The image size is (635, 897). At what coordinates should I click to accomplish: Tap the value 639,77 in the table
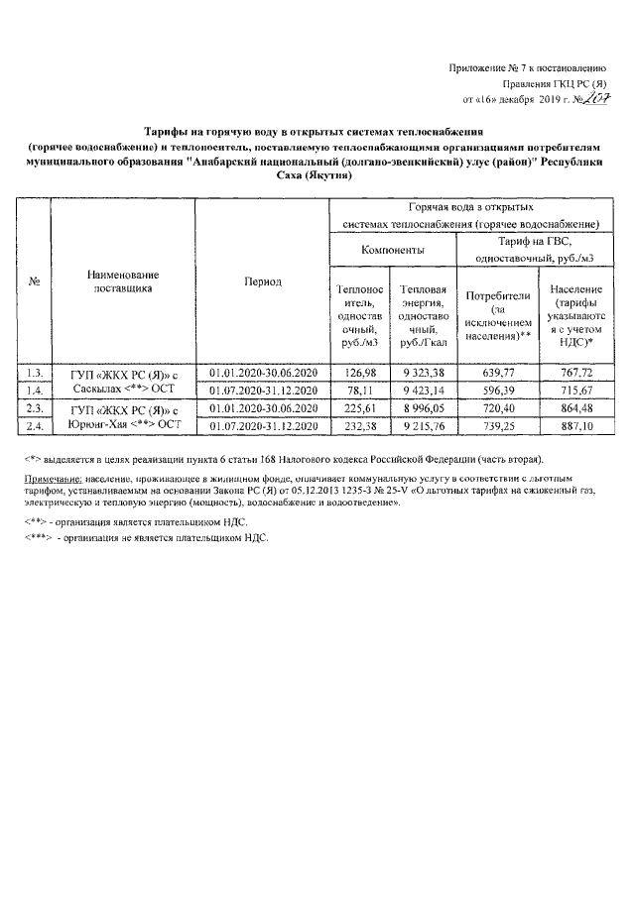[x=493, y=372]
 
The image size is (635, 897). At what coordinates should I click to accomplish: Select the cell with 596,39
[x=493, y=390]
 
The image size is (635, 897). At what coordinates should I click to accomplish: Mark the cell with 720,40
[x=493, y=407]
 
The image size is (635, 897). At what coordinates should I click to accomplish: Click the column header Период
[x=263, y=282]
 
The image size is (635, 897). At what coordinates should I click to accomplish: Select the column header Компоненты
[x=392, y=250]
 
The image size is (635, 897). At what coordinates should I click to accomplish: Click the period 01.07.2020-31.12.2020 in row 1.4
[x=263, y=390]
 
